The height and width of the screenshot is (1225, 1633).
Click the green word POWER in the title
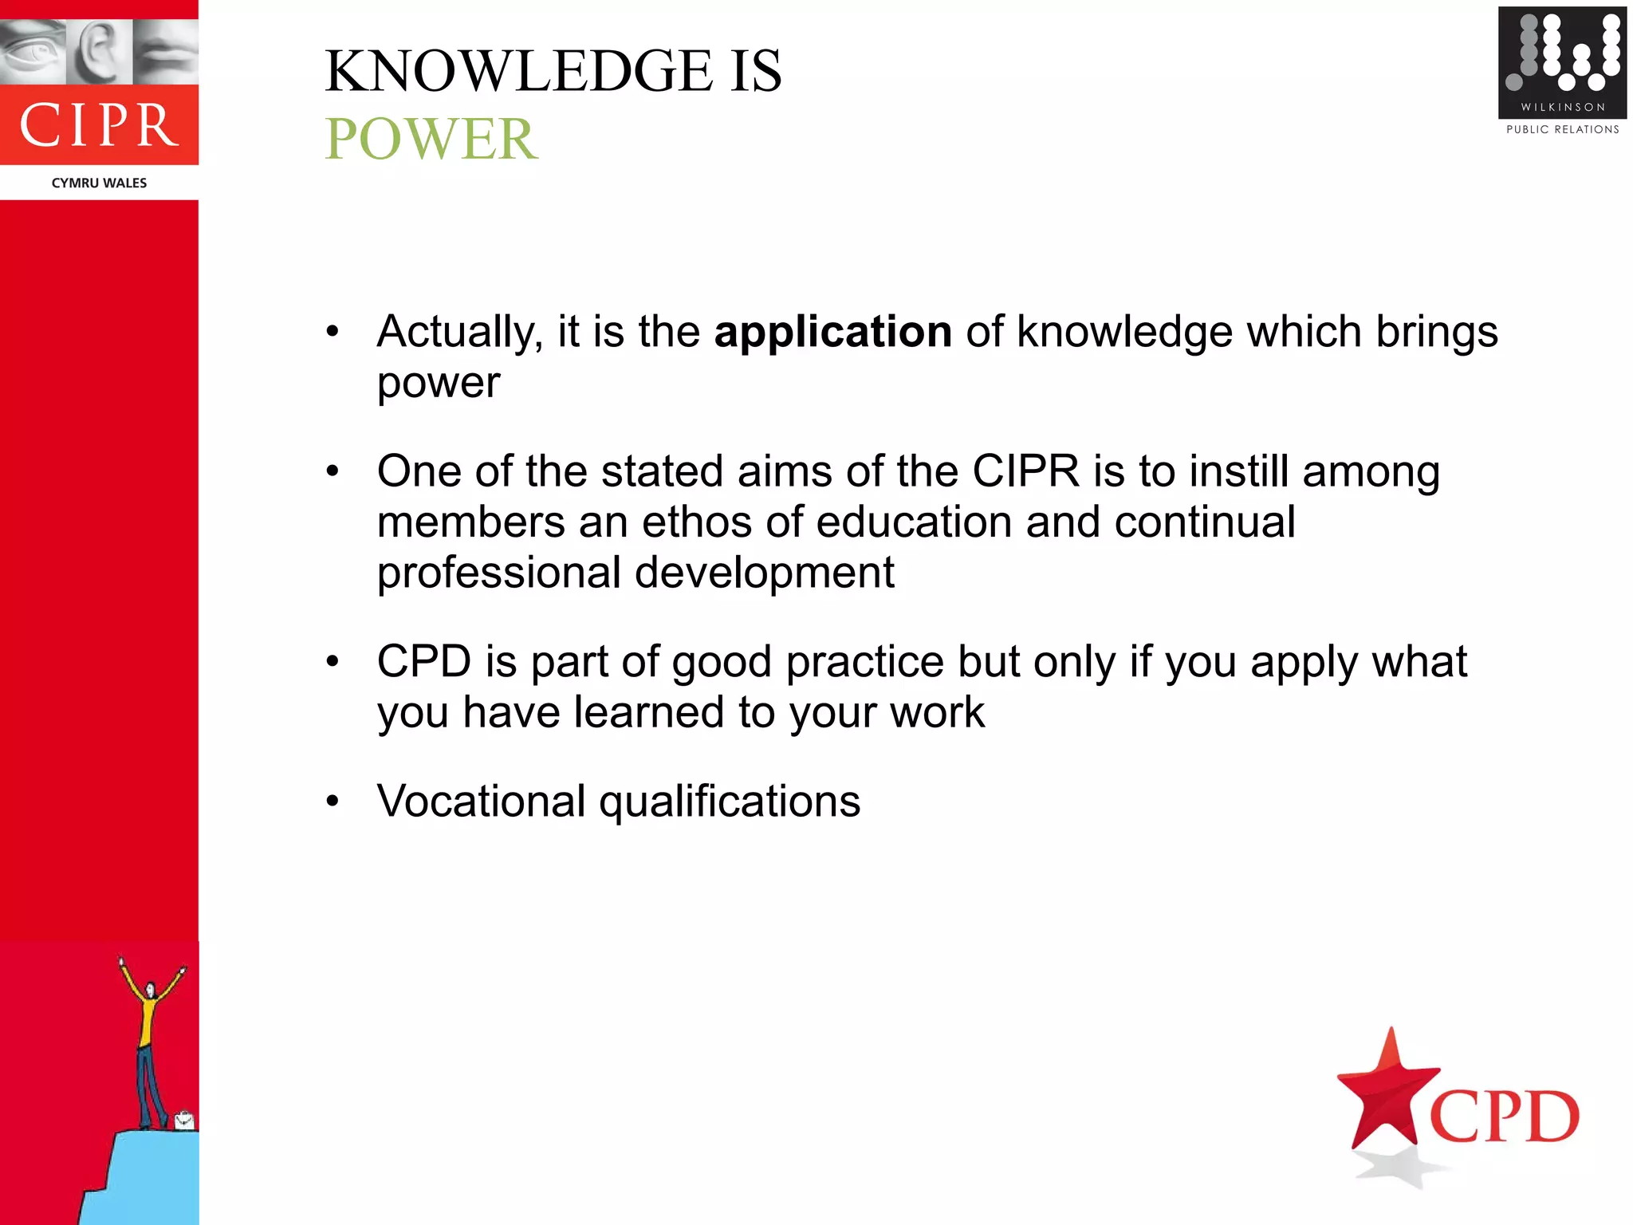[x=431, y=140]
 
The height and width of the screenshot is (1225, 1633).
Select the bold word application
[x=832, y=332]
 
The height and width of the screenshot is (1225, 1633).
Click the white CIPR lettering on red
[x=99, y=126]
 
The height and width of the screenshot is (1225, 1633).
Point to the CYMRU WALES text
[x=99, y=183]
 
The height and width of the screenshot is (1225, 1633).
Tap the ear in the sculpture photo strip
[x=99, y=49]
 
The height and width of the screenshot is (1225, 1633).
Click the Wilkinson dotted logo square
[x=1561, y=61]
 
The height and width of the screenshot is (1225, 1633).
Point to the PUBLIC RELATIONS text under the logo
[x=1562, y=129]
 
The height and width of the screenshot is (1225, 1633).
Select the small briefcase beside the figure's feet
[x=184, y=1121]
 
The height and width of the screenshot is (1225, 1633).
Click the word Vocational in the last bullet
[x=481, y=802]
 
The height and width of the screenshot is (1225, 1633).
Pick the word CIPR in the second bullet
[x=1025, y=471]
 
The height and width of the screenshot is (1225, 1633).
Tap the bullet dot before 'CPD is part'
[x=333, y=661]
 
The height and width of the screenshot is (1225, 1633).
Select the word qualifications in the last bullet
[x=730, y=802]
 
